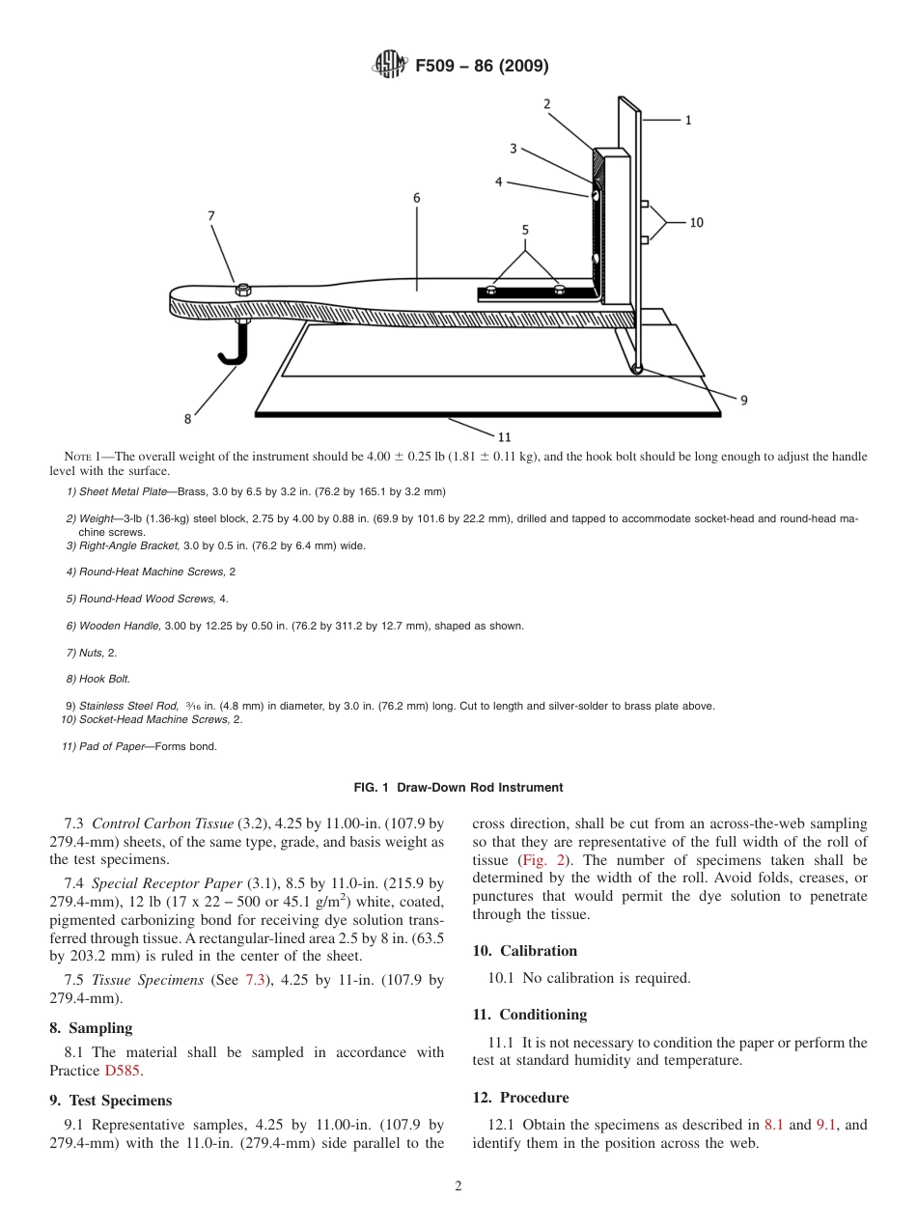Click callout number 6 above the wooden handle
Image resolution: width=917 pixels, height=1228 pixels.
click(416, 198)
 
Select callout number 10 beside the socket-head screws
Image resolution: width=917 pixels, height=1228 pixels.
click(696, 222)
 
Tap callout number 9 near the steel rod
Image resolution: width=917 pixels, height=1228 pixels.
click(743, 400)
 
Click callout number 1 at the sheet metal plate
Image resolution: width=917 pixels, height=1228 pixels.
click(688, 121)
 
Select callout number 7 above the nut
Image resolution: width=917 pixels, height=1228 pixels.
click(211, 216)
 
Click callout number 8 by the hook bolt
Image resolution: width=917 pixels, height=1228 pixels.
click(187, 419)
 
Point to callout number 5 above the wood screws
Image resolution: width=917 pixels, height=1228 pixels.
click(525, 230)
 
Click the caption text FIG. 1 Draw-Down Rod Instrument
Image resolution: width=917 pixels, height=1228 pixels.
click(458, 788)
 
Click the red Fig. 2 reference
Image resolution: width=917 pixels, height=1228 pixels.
click(539, 860)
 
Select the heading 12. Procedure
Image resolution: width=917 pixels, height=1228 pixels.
click(520, 1098)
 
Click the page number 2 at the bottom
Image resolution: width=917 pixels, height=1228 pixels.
click(458, 1186)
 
